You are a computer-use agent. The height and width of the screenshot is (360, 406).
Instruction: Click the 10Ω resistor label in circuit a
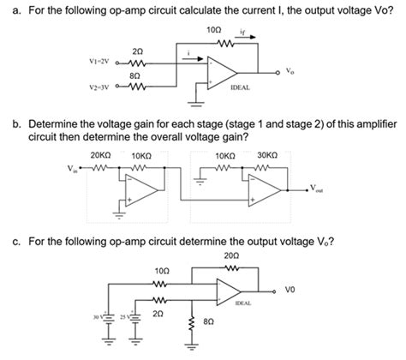213,31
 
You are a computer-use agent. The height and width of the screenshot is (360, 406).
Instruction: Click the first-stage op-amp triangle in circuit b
137,191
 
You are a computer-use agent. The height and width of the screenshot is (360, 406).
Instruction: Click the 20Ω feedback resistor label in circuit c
230,255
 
